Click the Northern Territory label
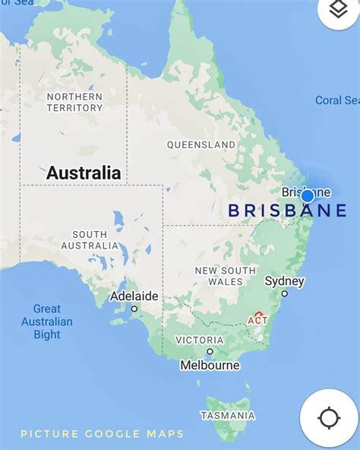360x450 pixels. pyautogui.click(x=74, y=102)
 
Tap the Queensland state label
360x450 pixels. pyautogui.click(x=201, y=144)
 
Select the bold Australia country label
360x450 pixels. pyautogui.click(x=84, y=173)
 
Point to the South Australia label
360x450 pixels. pyautogui.click(x=90, y=240)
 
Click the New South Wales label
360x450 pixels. pyautogui.click(x=226, y=276)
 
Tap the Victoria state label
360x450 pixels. pyautogui.click(x=199, y=340)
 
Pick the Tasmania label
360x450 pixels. pyautogui.click(x=227, y=415)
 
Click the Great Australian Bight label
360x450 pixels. pyautogui.click(x=46, y=322)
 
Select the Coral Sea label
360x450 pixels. pyautogui.click(x=337, y=100)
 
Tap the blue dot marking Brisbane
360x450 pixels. pyautogui.click(x=308, y=196)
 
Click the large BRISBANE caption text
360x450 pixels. pyautogui.click(x=288, y=211)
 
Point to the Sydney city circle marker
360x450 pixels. pyautogui.click(x=285, y=293)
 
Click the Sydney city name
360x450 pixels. pyautogui.click(x=284, y=281)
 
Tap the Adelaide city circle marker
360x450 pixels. pyautogui.click(x=134, y=309)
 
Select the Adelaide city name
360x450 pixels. pyautogui.click(x=134, y=296)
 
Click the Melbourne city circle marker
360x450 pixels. pyautogui.click(x=210, y=352)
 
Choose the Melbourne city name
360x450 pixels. pyautogui.click(x=210, y=365)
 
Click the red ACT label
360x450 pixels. pyautogui.click(x=257, y=319)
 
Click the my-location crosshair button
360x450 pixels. pyautogui.click(x=329, y=418)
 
